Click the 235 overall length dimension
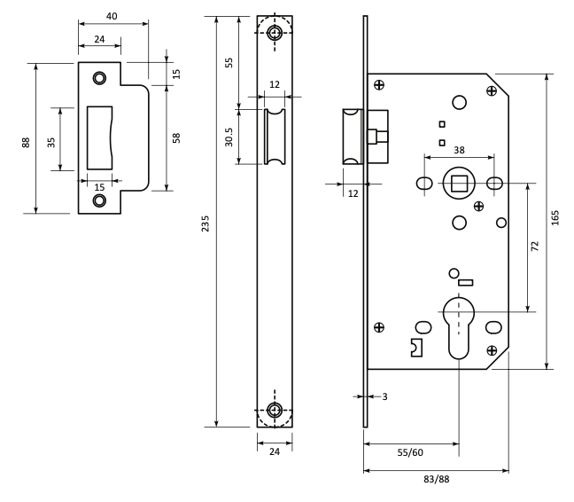coord(206,224)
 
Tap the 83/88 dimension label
coord(437,479)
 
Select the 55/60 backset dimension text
coord(410,452)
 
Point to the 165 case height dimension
coord(555,217)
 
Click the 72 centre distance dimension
coord(535,246)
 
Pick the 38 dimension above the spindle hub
coord(459,150)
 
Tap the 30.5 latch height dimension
coord(229,137)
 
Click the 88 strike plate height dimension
coord(26,143)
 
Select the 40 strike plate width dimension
coord(112,17)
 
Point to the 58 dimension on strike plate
coord(176,138)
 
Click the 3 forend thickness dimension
coord(384,396)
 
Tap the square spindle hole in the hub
coord(459,184)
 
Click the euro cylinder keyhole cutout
coord(459,327)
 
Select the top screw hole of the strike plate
coord(99,78)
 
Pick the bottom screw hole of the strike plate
coord(99,200)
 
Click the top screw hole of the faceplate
coord(275,33)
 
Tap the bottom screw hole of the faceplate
coord(275,410)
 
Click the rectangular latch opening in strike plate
coord(99,137)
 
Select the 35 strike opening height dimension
coord(51,142)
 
